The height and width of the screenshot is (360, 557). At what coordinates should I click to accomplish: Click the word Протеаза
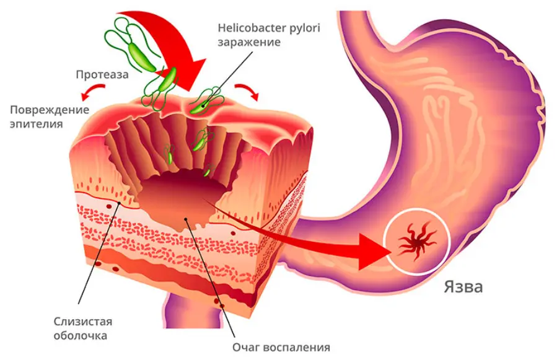102,75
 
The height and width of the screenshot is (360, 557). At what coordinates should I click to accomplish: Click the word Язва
463,287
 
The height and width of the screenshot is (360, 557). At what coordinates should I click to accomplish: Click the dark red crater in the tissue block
180,198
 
